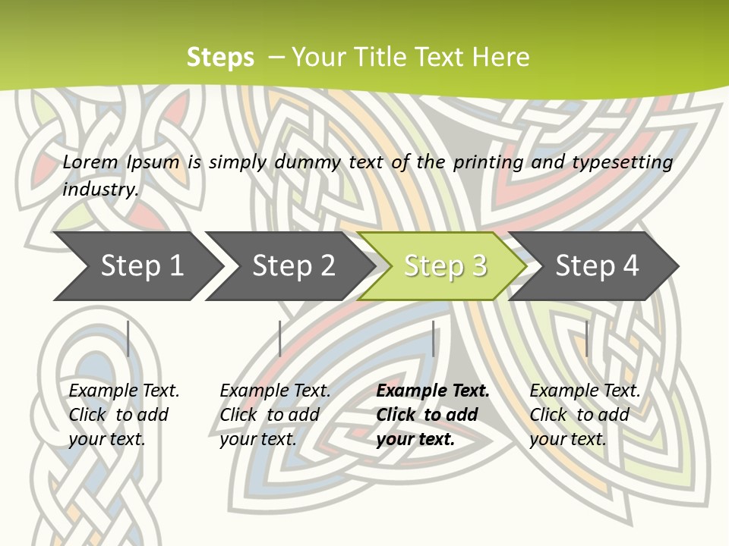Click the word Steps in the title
tap(220, 58)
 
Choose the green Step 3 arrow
tap(444, 266)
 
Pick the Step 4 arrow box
tap(596, 266)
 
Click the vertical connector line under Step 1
tap(128, 338)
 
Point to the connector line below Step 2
tap(280, 338)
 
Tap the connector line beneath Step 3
tap(434, 338)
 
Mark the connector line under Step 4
tap(586, 338)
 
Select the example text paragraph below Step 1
tap(124, 415)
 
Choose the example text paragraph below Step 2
tap(275, 415)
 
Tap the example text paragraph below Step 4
tap(585, 415)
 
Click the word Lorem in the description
tap(90, 162)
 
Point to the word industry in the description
tap(100, 190)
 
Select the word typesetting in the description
tap(622, 162)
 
